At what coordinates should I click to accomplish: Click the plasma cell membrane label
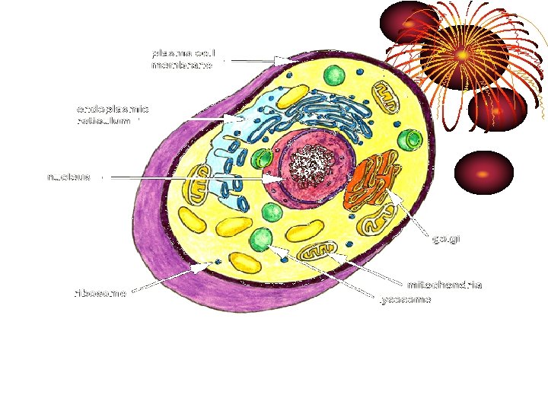[185, 59]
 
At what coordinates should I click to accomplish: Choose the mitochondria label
[445, 285]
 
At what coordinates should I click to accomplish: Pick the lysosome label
[406, 299]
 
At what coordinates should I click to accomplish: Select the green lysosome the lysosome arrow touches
[262, 238]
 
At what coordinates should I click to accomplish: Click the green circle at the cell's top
[334, 75]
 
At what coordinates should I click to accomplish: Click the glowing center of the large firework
[462, 55]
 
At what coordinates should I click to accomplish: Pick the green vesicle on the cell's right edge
[412, 139]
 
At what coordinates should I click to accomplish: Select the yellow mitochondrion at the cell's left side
[199, 183]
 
